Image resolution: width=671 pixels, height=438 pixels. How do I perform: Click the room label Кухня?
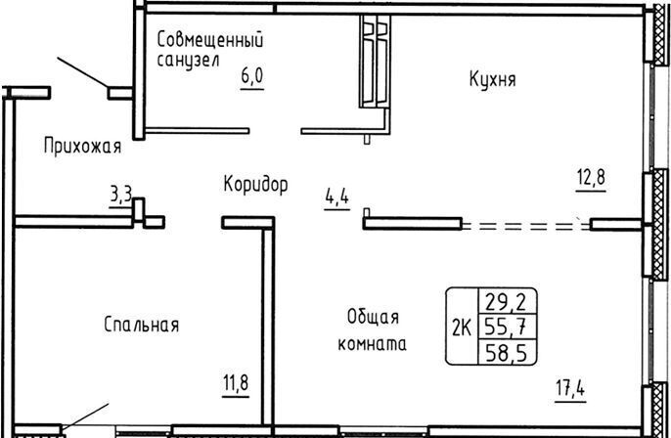click(493, 79)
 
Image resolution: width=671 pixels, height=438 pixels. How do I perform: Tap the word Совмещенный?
click(210, 40)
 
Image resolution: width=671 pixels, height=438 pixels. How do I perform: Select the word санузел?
click(188, 60)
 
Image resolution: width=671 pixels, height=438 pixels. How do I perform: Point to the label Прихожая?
click(82, 147)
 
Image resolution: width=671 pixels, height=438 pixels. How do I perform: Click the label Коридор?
click(256, 185)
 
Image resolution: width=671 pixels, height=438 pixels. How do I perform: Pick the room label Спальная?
click(141, 325)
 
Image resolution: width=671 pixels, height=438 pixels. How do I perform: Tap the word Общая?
click(374, 318)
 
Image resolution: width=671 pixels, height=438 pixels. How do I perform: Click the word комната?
click(373, 344)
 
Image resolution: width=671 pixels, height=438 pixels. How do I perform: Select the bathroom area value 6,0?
click(252, 76)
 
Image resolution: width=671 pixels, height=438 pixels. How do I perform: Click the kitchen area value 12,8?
click(591, 177)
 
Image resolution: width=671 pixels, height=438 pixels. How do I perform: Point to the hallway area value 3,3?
click(121, 196)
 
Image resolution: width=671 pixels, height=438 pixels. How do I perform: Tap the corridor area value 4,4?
click(337, 197)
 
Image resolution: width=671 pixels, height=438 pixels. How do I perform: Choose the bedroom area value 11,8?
click(236, 382)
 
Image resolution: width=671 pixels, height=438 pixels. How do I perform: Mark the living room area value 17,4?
click(571, 388)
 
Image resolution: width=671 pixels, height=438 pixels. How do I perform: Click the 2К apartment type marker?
click(462, 328)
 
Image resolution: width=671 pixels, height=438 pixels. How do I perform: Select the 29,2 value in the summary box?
click(506, 303)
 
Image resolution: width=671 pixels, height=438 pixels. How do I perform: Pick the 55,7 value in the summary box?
click(506, 328)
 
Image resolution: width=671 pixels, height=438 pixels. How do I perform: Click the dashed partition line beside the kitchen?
click(526, 225)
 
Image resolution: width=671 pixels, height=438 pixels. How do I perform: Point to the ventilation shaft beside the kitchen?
click(375, 62)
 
